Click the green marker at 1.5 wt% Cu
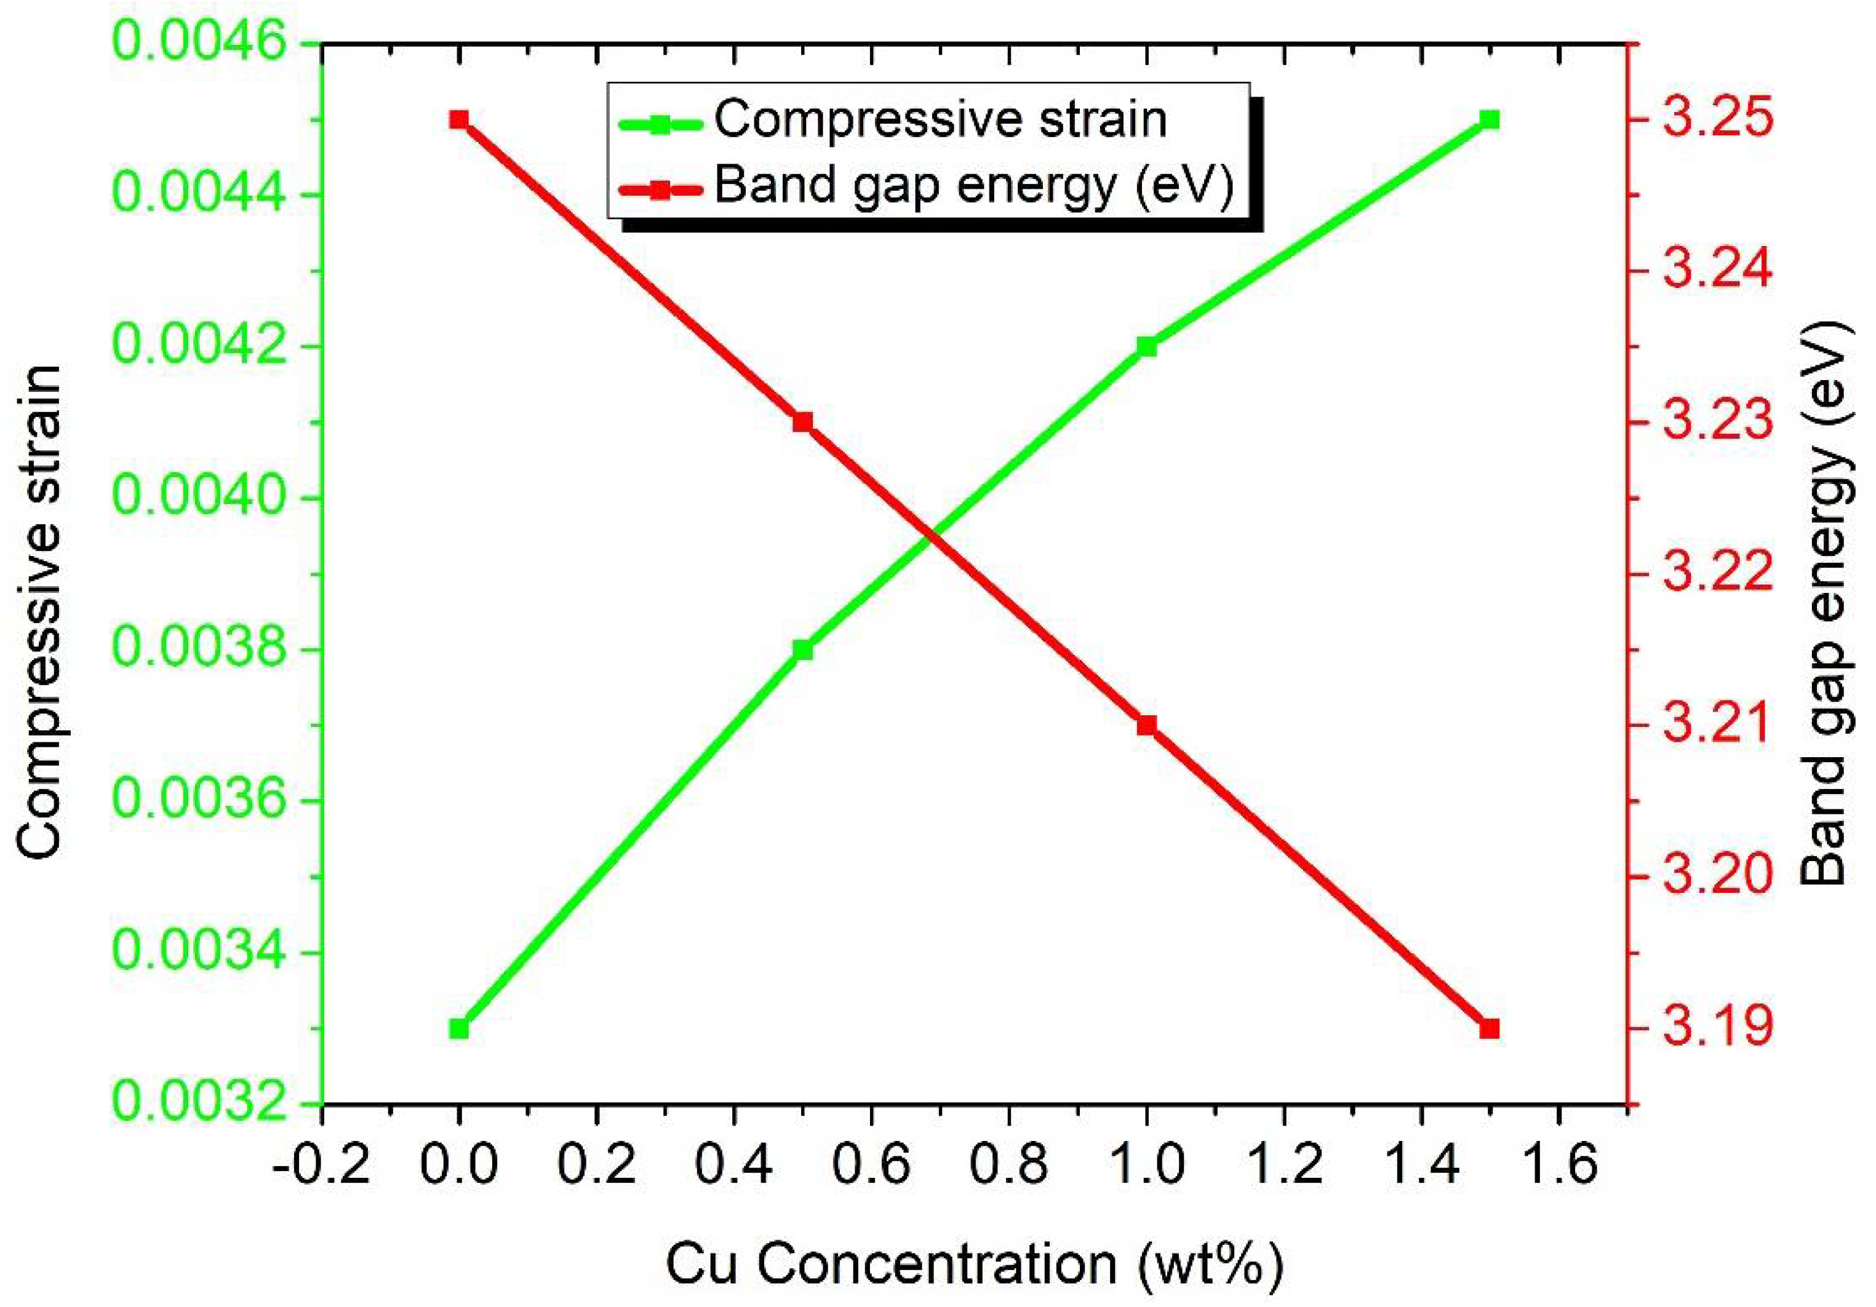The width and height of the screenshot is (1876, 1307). click(x=1490, y=120)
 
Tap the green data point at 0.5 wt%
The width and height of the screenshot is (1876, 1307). click(x=803, y=650)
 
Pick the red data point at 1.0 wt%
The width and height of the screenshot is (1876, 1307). click(x=1146, y=725)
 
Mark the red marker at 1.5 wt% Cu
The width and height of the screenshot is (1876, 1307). click(x=1490, y=1028)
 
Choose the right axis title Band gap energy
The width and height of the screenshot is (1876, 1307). click(x=1824, y=605)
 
